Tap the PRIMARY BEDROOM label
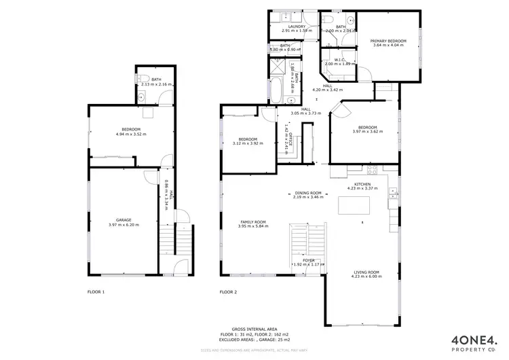[388, 41]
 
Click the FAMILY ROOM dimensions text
[253, 226]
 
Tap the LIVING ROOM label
[366, 272]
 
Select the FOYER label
[308, 259]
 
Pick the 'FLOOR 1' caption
[96, 292]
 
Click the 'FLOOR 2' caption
[228, 292]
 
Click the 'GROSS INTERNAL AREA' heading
[254, 328]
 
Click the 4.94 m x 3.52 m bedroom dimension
[131, 134]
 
